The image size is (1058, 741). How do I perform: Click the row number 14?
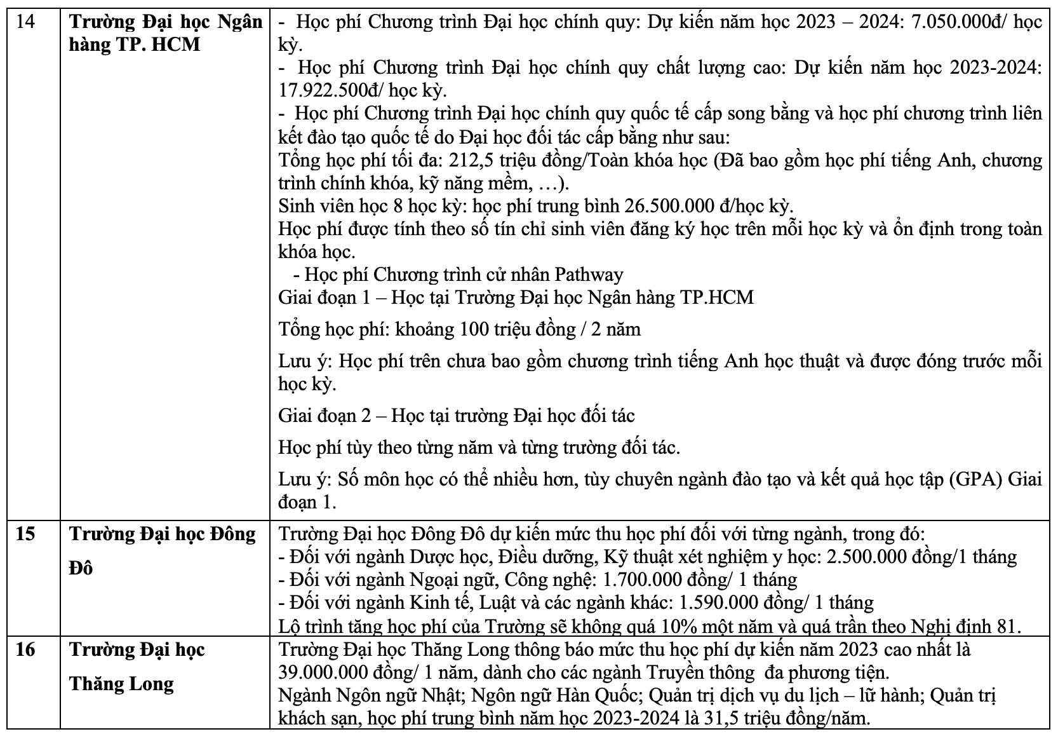click(27, 22)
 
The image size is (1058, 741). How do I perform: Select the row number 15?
click(27, 534)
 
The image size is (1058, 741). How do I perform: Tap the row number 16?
click(27, 650)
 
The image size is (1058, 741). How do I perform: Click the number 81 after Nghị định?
click(1005, 625)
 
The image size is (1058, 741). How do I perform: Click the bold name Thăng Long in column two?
click(121, 684)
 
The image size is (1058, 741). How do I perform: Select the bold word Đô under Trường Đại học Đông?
click(80, 568)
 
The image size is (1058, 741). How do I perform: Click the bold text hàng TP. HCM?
click(135, 44)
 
